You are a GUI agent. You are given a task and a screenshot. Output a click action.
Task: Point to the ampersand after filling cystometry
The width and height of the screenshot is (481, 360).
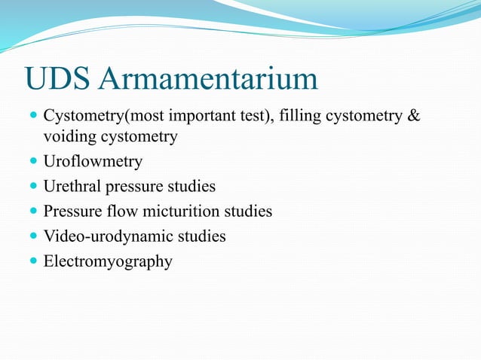point(413,117)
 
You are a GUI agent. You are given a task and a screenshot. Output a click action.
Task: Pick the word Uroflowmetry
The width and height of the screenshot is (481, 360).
point(93,161)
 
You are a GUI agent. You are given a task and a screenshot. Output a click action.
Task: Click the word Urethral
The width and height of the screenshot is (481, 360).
point(73,186)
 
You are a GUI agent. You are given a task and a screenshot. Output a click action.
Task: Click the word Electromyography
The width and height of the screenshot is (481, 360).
point(108,261)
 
